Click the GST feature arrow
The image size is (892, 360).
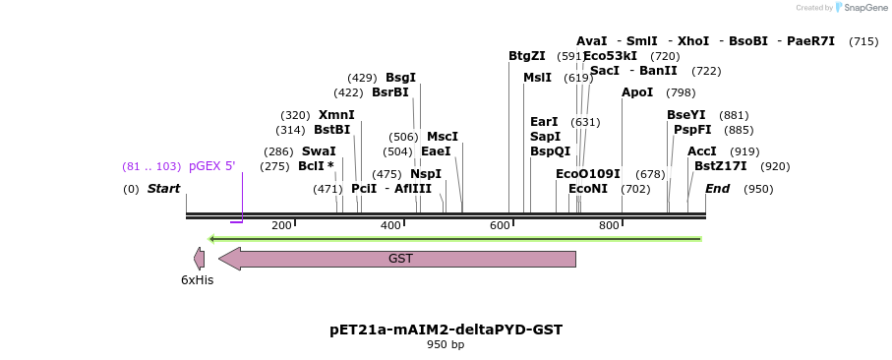[397, 259]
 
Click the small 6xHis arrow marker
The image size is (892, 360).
[199, 259]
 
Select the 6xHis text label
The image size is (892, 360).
[197, 280]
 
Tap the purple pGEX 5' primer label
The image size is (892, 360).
[212, 166]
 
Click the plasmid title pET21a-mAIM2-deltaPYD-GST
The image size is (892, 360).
[446, 330]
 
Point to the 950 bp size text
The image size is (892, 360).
[446, 345]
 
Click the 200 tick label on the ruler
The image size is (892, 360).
[281, 226]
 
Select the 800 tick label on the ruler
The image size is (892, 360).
[609, 226]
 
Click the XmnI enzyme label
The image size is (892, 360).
[336, 115]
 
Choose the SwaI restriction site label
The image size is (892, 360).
[319, 151]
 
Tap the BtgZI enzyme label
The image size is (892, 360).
[527, 56]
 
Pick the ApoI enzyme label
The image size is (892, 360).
[637, 92]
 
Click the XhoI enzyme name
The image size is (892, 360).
[693, 41]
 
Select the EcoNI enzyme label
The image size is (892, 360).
[588, 189]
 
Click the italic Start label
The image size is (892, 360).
[163, 189]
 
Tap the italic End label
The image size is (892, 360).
[718, 189]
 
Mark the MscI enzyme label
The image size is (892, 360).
[443, 137]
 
